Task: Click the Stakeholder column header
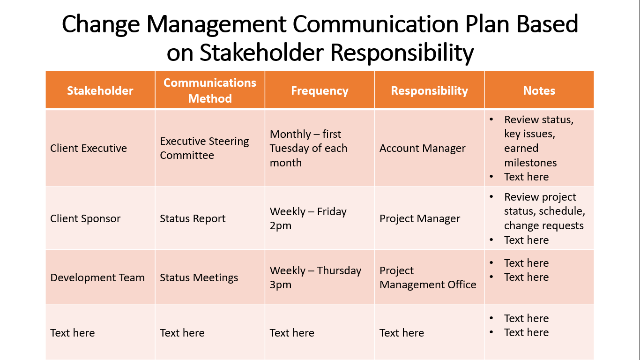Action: click(x=100, y=90)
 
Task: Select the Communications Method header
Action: click(x=210, y=90)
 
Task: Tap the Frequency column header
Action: click(x=320, y=90)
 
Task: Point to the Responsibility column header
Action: click(x=430, y=90)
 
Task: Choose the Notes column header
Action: click(x=539, y=90)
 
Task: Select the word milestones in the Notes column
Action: click(x=530, y=162)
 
